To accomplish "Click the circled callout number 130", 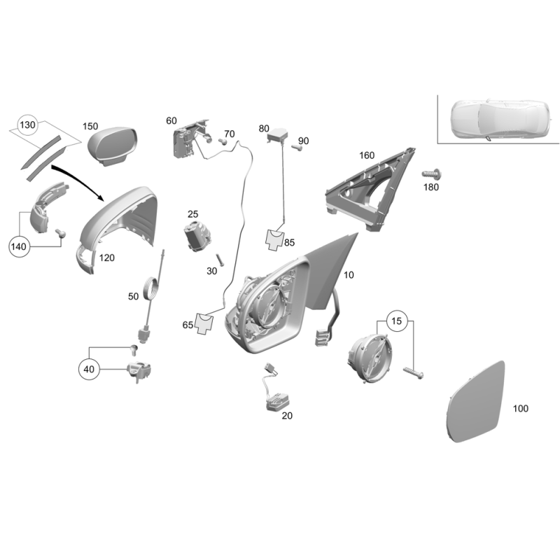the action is tap(27, 125).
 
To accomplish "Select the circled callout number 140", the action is tap(19, 246).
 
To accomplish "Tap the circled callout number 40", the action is tap(89, 370).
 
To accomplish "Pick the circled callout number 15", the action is tap(396, 321).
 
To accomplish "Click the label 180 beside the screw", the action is tap(431, 187).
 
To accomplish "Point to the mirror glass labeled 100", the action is tap(475, 401).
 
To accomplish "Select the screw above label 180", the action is tap(432, 174).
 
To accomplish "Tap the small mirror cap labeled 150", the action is tap(113, 146).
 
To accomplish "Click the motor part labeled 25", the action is tap(197, 236).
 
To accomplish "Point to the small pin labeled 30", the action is tap(219, 260).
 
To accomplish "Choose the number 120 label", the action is tap(107, 258).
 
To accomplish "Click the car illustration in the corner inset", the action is tap(500, 119).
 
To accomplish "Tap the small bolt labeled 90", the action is tap(297, 147).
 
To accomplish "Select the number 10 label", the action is tap(349, 275).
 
